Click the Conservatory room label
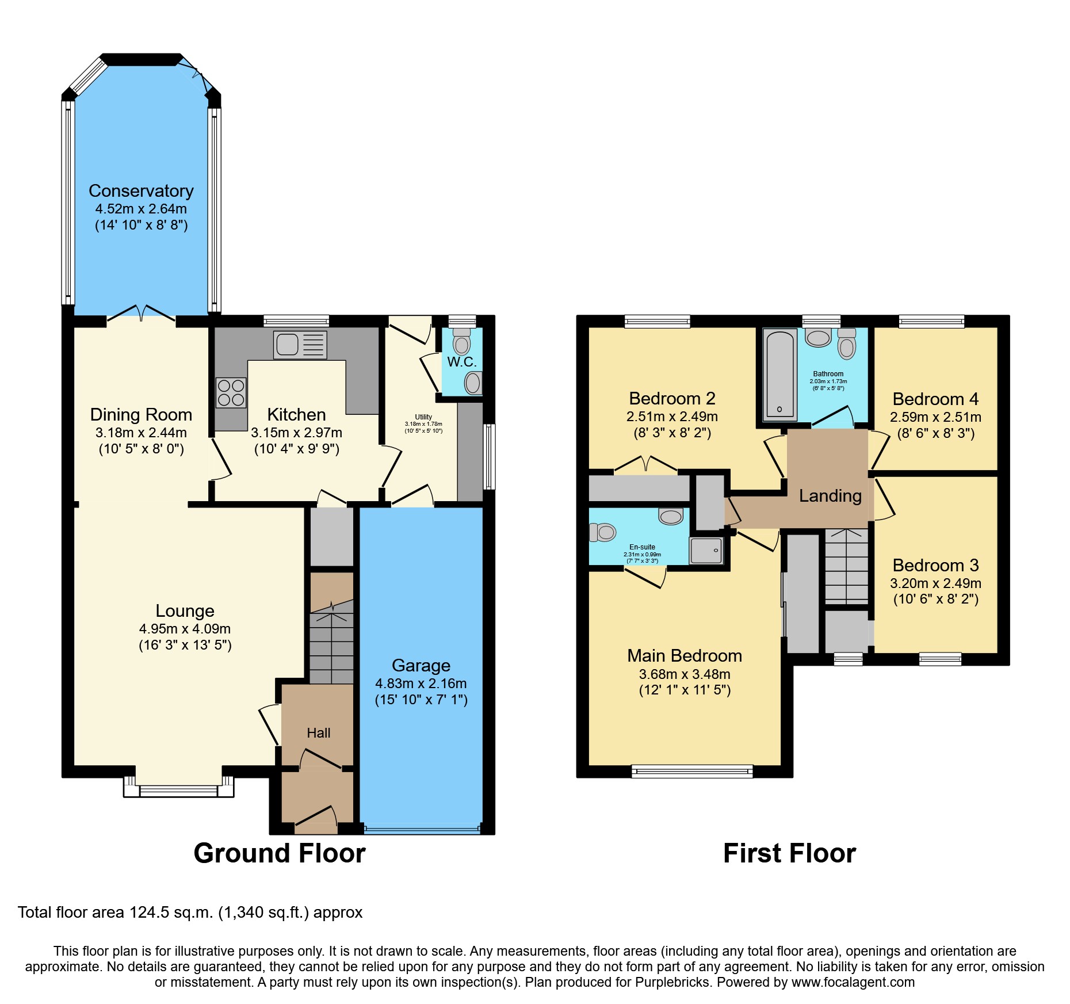[141, 191]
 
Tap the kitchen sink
[300, 345]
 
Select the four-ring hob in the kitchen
[231, 392]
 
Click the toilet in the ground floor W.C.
[461, 342]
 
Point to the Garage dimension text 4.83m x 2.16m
[421, 684]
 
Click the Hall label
[318, 733]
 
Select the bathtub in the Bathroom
[779, 374]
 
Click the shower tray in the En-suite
[706, 551]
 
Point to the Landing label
[830, 496]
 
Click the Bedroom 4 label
[935, 399]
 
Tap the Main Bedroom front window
[692, 771]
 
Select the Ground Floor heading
[280, 853]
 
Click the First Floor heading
[789, 853]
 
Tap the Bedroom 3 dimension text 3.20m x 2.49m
[935, 583]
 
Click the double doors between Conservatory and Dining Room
[141, 314]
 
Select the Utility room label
[423, 417]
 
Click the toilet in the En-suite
[603, 532]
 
